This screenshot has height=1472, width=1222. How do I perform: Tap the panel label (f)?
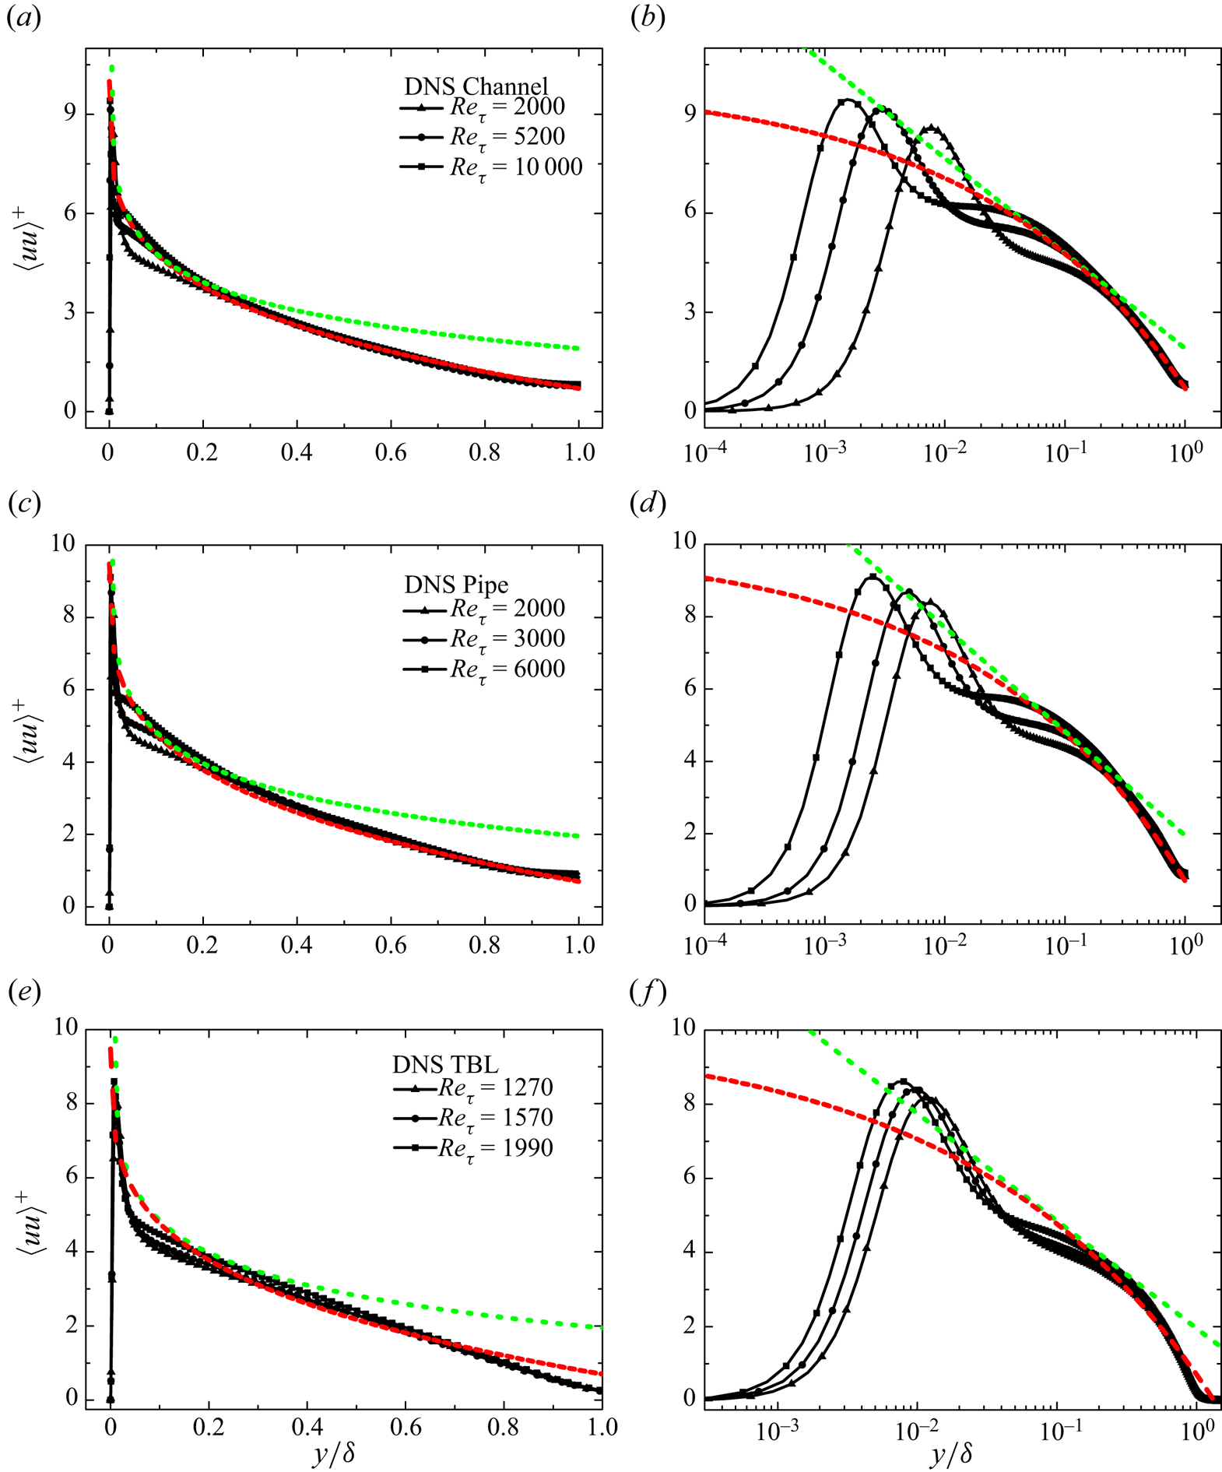pos(648,992)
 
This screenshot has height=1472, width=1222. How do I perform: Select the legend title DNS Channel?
pos(476,86)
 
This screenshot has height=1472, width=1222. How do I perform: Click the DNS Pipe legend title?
pos(456,585)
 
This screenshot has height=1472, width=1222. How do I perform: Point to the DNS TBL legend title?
pos(445,1064)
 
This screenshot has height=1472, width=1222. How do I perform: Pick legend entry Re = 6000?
pos(507,669)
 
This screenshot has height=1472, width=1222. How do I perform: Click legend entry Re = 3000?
pos(507,639)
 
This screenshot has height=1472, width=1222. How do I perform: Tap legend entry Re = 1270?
pos(495,1087)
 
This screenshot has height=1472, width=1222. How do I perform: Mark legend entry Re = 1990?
pos(495,1148)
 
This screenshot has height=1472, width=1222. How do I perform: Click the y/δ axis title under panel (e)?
pos(334,1453)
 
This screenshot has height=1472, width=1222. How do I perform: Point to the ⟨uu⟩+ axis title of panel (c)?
pos(29,727)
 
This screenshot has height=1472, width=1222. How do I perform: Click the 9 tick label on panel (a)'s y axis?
pos(70,114)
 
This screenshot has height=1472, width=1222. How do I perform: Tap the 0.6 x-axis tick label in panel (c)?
pos(391,945)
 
